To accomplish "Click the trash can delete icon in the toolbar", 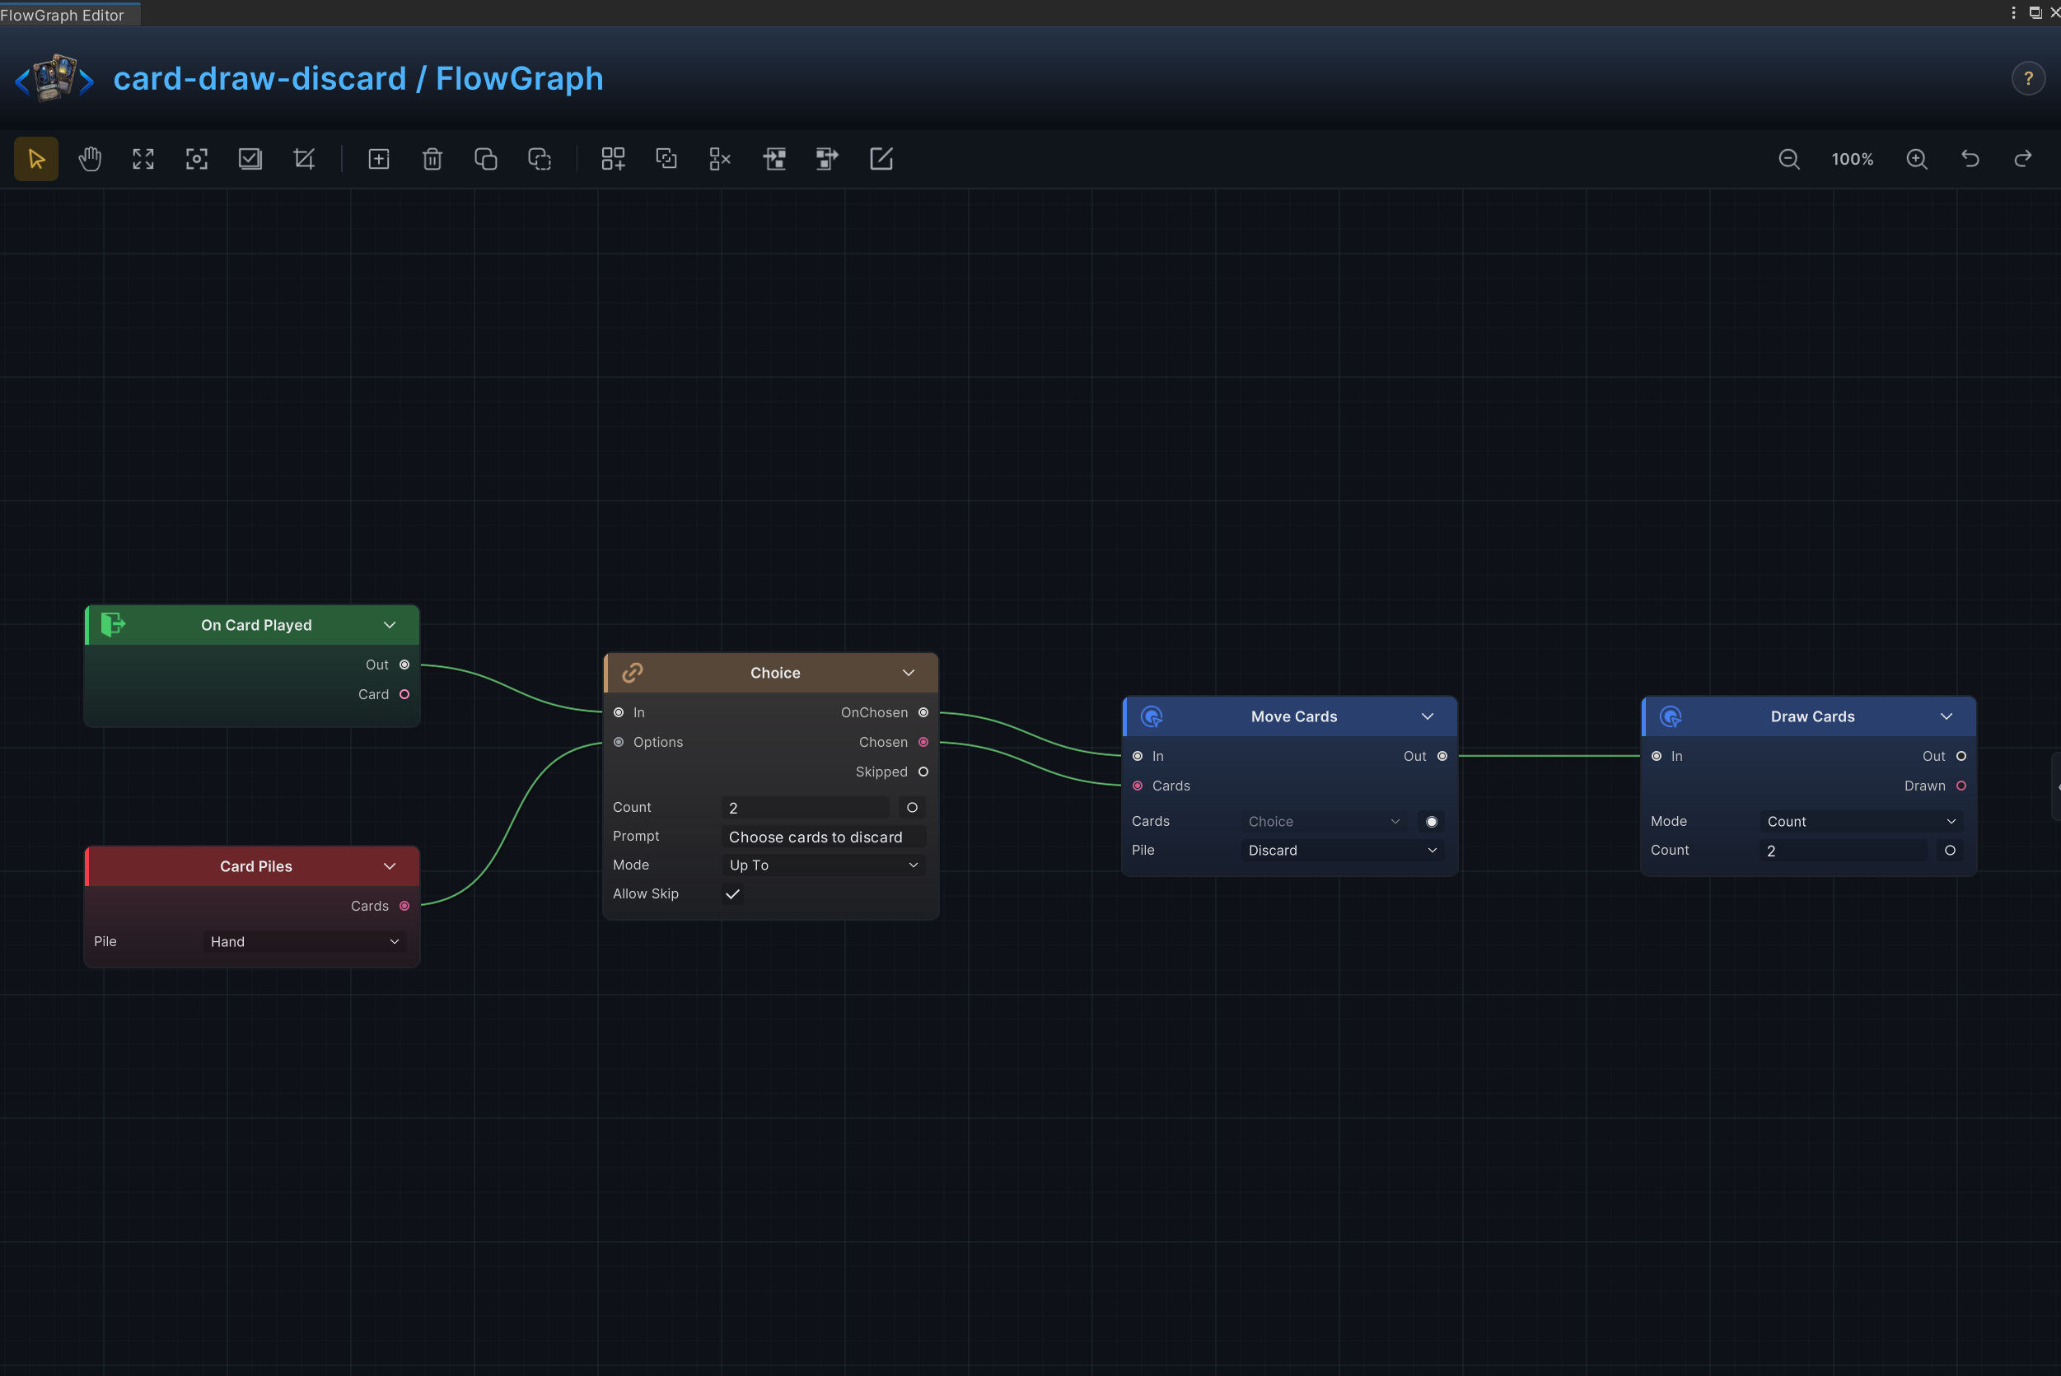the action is click(x=432, y=159).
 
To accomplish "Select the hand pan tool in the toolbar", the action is click(x=90, y=159).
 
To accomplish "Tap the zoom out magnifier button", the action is click(x=1789, y=159).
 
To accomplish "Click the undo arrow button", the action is click(x=1970, y=159).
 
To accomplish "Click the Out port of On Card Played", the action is click(x=404, y=665).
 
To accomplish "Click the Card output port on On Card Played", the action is click(x=404, y=694).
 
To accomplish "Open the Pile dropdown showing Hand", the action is click(x=304, y=941).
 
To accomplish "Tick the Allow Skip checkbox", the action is click(x=733, y=894).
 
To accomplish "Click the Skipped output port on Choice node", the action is click(x=923, y=772).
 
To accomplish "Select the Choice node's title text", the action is click(x=775, y=673).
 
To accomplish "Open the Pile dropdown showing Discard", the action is click(x=1342, y=851).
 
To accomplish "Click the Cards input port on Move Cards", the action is click(x=1138, y=786).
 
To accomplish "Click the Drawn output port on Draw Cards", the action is click(x=1961, y=786).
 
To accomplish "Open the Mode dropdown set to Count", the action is click(x=1861, y=821).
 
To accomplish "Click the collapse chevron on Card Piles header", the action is click(x=390, y=866).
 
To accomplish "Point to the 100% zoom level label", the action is click(x=1852, y=159).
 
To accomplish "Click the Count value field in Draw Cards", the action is click(x=1844, y=851).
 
